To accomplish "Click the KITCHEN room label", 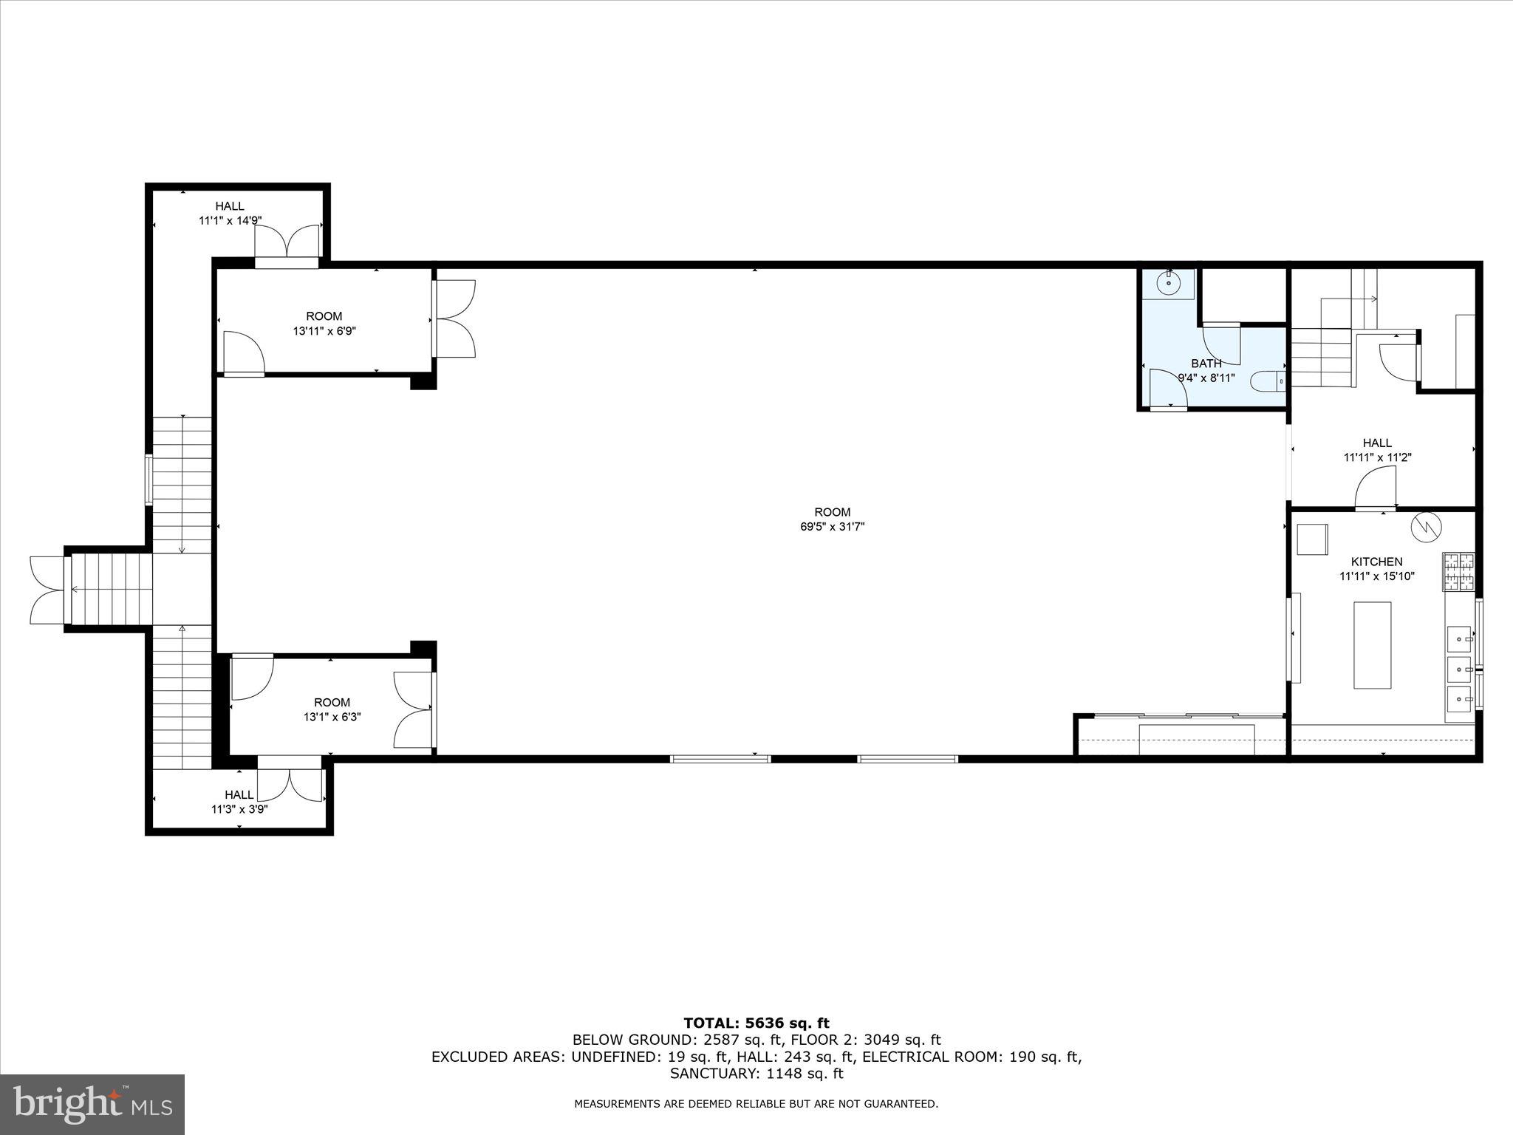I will (x=1376, y=562).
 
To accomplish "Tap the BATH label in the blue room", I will (x=1206, y=363).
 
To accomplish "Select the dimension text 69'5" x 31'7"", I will (x=832, y=527).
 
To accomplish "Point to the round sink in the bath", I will (x=1169, y=283).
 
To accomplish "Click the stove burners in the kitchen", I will (x=1458, y=572).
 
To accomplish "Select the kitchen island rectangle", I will (x=1372, y=645).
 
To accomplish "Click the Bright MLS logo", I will (x=92, y=1104).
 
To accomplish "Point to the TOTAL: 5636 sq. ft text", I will (x=756, y=1023).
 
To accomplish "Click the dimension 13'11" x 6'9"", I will (x=324, y=331).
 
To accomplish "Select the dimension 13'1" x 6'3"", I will (x=332, y=717).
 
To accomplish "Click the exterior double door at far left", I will (x=47, y=590).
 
